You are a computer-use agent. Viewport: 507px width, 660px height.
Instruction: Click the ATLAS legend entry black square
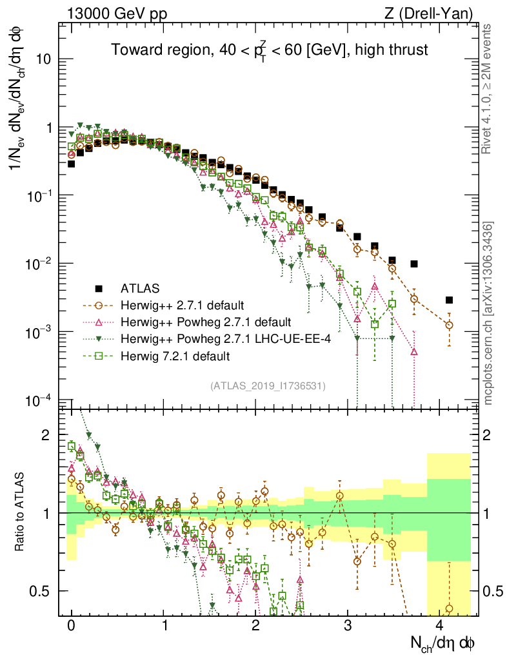99,287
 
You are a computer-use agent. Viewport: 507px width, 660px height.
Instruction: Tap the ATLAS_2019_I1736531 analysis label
268,386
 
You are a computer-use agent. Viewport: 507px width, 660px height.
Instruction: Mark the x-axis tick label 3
348,626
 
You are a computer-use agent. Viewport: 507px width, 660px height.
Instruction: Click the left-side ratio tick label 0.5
42,591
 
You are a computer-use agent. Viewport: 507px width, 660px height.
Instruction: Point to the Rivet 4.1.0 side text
488,90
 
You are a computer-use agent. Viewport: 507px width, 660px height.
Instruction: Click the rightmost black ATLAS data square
449,300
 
